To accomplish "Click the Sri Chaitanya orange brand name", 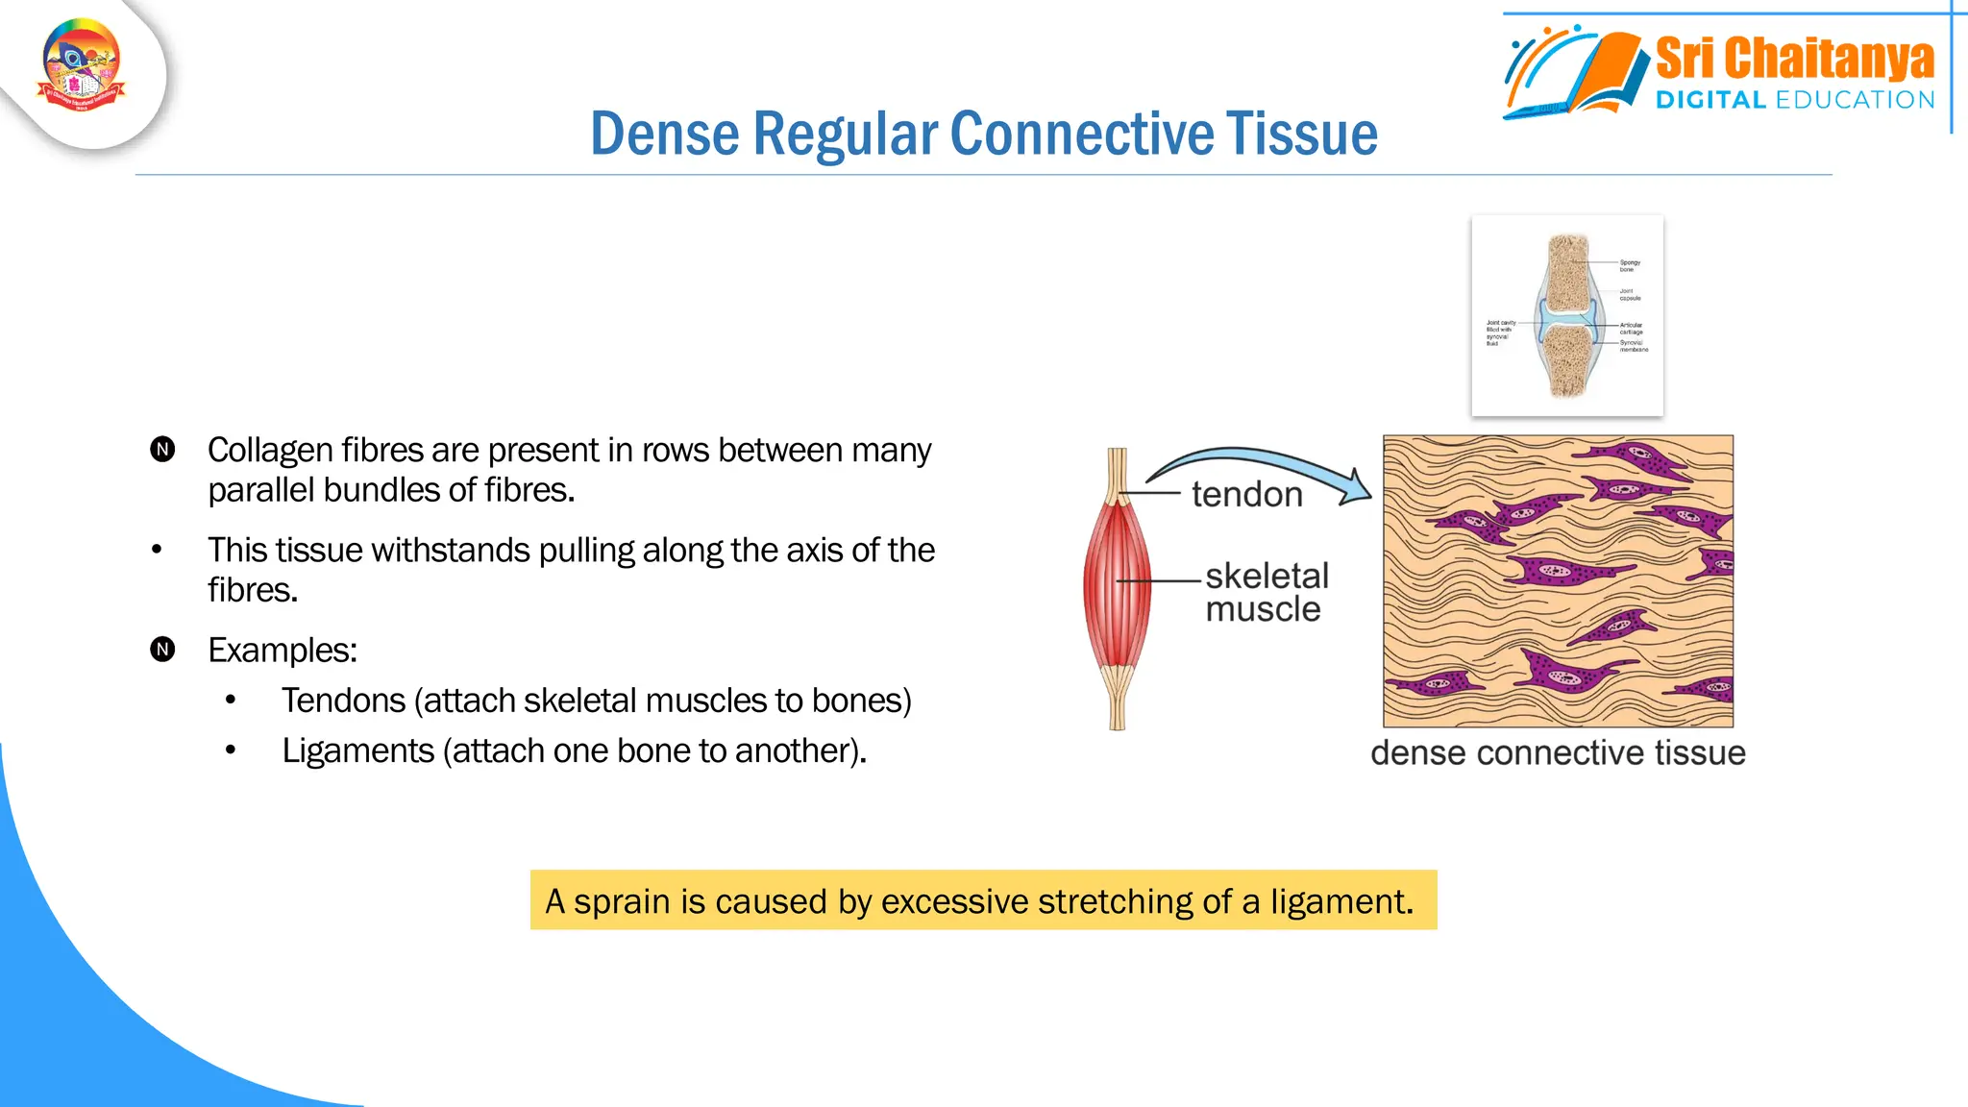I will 1794,59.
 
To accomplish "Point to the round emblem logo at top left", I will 82,65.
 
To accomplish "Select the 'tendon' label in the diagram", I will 1246,495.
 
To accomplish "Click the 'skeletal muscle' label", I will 1266,592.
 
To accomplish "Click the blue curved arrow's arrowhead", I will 1356,487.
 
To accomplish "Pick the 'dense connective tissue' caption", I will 1558,753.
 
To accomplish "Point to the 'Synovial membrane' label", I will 1633,346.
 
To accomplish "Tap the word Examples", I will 282,651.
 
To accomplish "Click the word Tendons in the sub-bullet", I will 343,701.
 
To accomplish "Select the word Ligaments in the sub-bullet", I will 357,751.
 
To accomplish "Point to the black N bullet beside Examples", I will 162,650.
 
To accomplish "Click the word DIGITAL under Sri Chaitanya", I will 1710,100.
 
